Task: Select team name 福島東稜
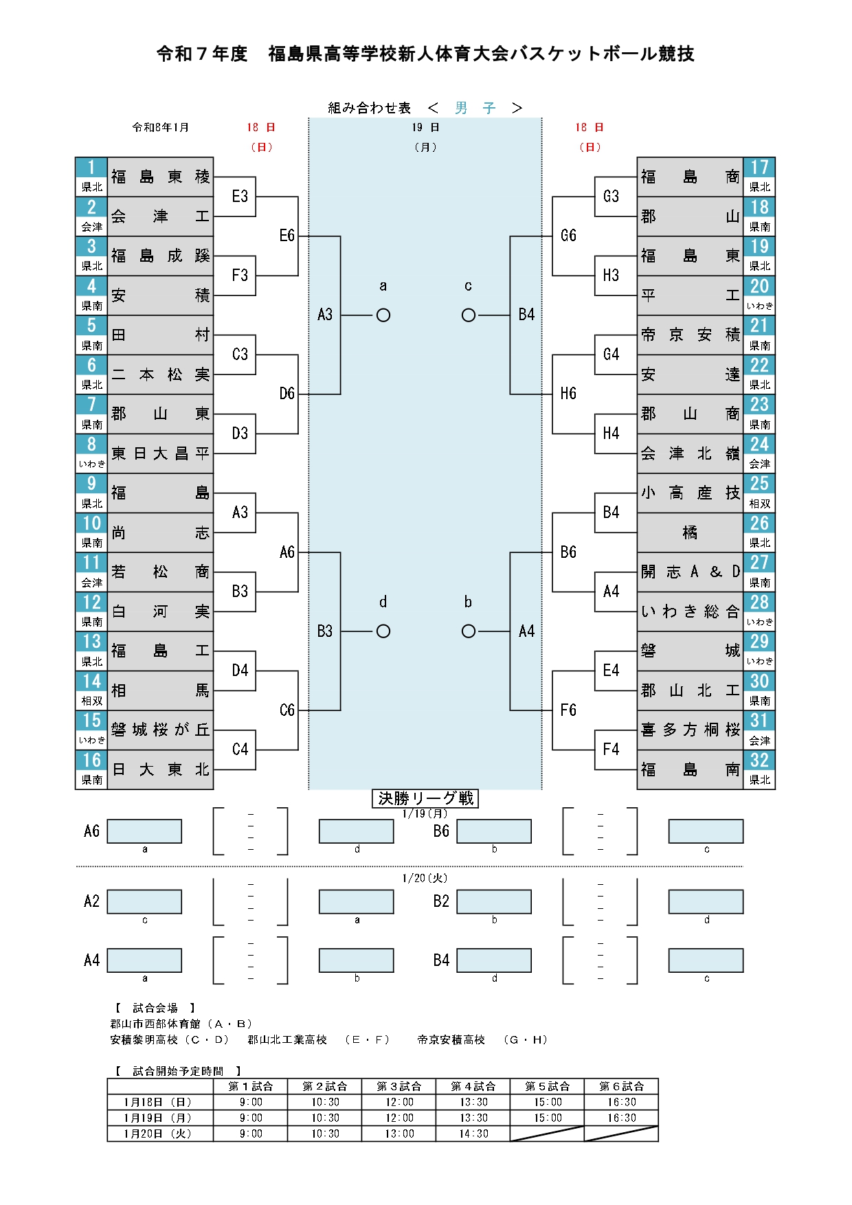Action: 160,177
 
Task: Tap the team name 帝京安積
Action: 690,335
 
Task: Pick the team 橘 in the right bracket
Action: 690,532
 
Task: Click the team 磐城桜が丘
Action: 160,730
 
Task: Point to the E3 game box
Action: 240,197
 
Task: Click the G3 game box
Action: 611,197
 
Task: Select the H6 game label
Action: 568,394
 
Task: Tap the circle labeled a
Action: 383,315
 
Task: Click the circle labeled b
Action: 469,631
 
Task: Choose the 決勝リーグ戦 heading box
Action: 425,798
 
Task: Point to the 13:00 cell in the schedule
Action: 399,1134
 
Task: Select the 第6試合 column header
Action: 621,1086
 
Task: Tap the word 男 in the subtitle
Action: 461,108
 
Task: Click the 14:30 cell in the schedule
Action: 473,1134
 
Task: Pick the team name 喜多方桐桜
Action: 690,730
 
